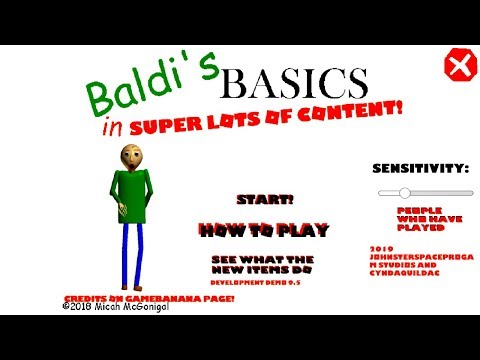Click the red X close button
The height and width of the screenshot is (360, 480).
(458, 68)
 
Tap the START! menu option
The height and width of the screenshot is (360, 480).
(265, 198)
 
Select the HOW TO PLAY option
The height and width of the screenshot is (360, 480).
(264, 230)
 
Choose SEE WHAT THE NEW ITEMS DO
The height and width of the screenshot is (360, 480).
(263, 265)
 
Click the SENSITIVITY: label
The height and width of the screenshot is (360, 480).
(420, 167)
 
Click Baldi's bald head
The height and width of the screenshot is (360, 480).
(131, 155)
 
